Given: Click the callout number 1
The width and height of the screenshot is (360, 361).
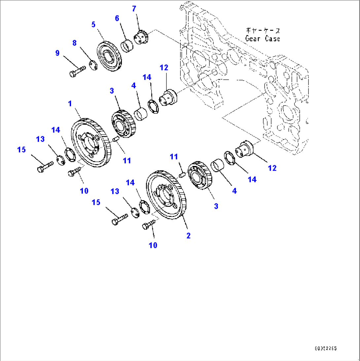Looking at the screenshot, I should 70,104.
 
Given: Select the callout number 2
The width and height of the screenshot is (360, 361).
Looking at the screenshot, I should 188,236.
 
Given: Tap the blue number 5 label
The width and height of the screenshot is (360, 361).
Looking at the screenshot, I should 93,24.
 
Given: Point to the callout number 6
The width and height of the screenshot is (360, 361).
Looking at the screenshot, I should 117,19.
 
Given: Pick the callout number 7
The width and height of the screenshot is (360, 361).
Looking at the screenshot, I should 134,9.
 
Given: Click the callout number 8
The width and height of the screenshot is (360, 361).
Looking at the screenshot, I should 74,43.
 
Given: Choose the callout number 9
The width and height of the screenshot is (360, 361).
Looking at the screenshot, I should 57,53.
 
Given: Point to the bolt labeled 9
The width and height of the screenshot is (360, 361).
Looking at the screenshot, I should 77,70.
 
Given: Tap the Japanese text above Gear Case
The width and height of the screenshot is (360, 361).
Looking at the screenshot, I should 262,30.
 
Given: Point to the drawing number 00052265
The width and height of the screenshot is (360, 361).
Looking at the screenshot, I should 326,348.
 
